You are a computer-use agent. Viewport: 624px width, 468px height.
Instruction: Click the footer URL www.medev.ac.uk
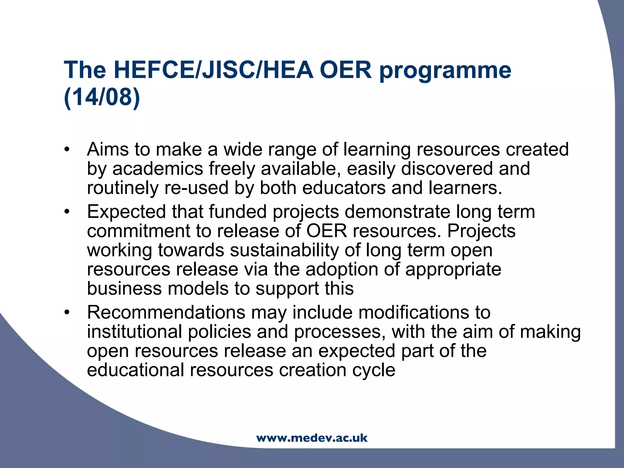[312, 438]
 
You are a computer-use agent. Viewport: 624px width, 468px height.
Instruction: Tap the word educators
[344, 188]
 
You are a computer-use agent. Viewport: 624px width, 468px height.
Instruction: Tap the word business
[124, 288]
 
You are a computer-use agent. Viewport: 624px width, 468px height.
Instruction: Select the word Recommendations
[166, 312]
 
